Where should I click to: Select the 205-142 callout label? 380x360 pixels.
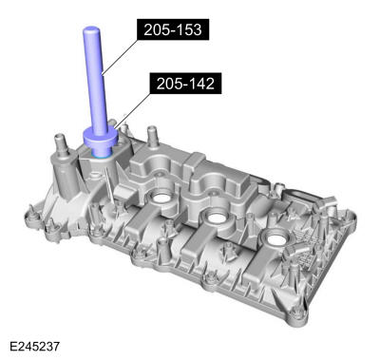[x=183, y=84]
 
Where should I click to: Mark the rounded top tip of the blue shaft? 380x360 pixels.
[x=89, y=31]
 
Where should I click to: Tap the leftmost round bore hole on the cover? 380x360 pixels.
[x=157, y=199]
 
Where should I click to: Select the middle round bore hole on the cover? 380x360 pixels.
[x=215, y=219]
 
